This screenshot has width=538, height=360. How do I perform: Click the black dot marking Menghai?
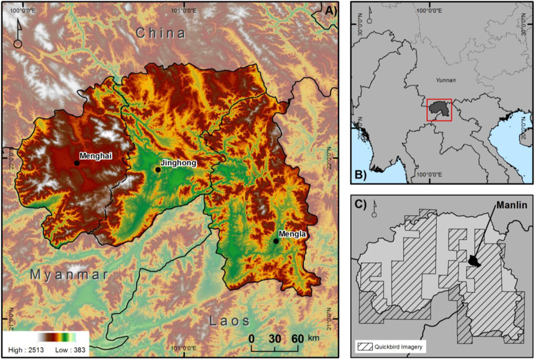[x=77, y=163]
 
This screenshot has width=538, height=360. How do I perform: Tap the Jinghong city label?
[x=179, y=163]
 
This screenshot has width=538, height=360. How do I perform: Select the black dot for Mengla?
[x=276, y=241]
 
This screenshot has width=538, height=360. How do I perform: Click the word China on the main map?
[x=160, y=33]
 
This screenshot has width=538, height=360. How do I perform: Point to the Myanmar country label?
[x=69, y=274]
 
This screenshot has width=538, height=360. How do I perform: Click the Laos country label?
[x=230, y=321]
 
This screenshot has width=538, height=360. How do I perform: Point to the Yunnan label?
[x=445, y=80]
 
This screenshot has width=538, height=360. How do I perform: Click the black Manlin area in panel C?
[x=474, y=261]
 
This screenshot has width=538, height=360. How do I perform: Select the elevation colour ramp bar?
[x=56, y=337]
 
